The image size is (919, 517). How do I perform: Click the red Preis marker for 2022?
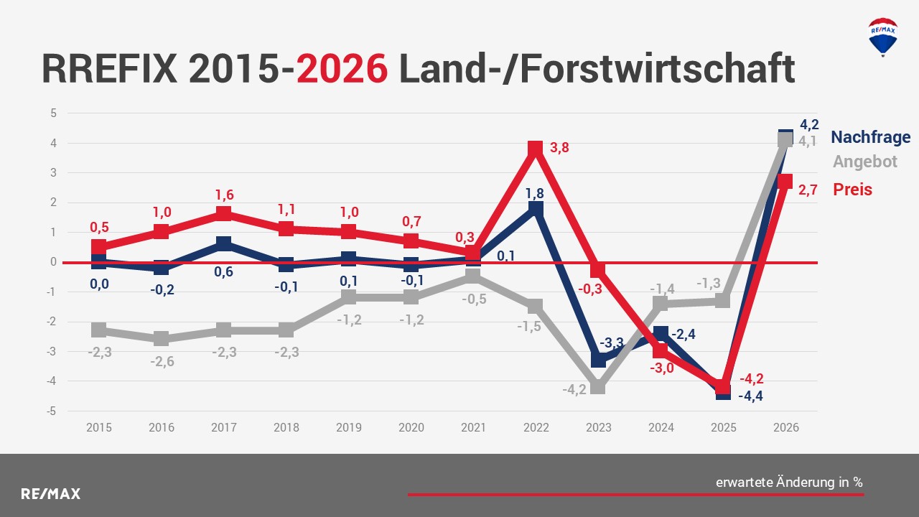point(535,149)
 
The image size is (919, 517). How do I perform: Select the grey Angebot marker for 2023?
point(598,388)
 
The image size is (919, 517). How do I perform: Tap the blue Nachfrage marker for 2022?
point(535,209)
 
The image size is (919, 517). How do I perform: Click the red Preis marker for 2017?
point(223,214)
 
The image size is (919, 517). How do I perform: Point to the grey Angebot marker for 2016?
point(161,339)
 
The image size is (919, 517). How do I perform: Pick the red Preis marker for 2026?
point(785,182)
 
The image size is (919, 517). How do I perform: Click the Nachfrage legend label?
point(870,137)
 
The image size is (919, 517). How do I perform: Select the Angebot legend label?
point(864,162)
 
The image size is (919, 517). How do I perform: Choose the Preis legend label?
point(852,190)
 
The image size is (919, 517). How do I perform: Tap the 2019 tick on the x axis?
point(348,427)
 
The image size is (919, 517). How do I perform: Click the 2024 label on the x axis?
point(661,427)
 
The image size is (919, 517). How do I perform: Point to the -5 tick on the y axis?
point(52,411)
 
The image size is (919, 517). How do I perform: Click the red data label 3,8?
point(559,148)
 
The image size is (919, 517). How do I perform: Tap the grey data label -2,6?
point(162,361)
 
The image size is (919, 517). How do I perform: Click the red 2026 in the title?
point(342,69)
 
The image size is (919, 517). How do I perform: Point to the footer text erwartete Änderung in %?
point(789,483)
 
